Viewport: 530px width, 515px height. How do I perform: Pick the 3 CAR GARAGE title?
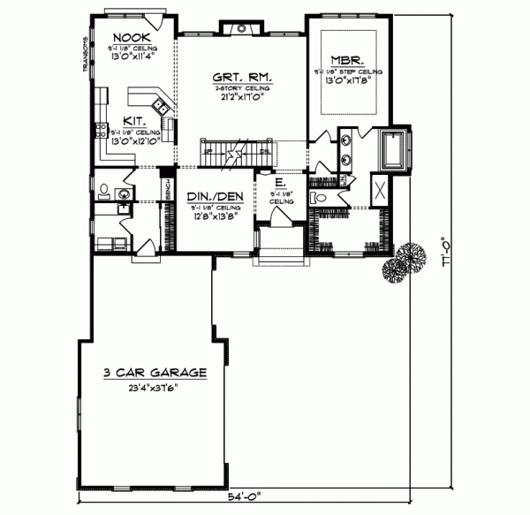[155, 373]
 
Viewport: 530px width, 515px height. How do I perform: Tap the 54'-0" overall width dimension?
[247, 496]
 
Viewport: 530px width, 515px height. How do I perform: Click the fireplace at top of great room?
[240, 29]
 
